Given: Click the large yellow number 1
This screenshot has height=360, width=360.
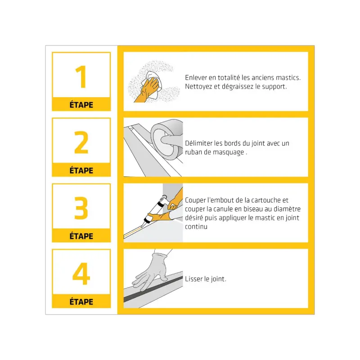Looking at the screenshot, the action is (81, 77).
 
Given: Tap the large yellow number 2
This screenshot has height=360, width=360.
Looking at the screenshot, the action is (81, 142).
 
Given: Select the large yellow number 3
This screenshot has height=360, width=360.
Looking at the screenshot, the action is (81, 208).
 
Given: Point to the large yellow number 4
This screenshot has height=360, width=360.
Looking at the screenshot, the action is (81, 274).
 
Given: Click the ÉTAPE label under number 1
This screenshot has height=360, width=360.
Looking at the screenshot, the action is (81, 105).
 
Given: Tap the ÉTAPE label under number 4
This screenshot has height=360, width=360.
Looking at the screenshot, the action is (81, 301).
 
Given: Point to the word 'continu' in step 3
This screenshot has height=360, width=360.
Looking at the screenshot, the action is (196, 227).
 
